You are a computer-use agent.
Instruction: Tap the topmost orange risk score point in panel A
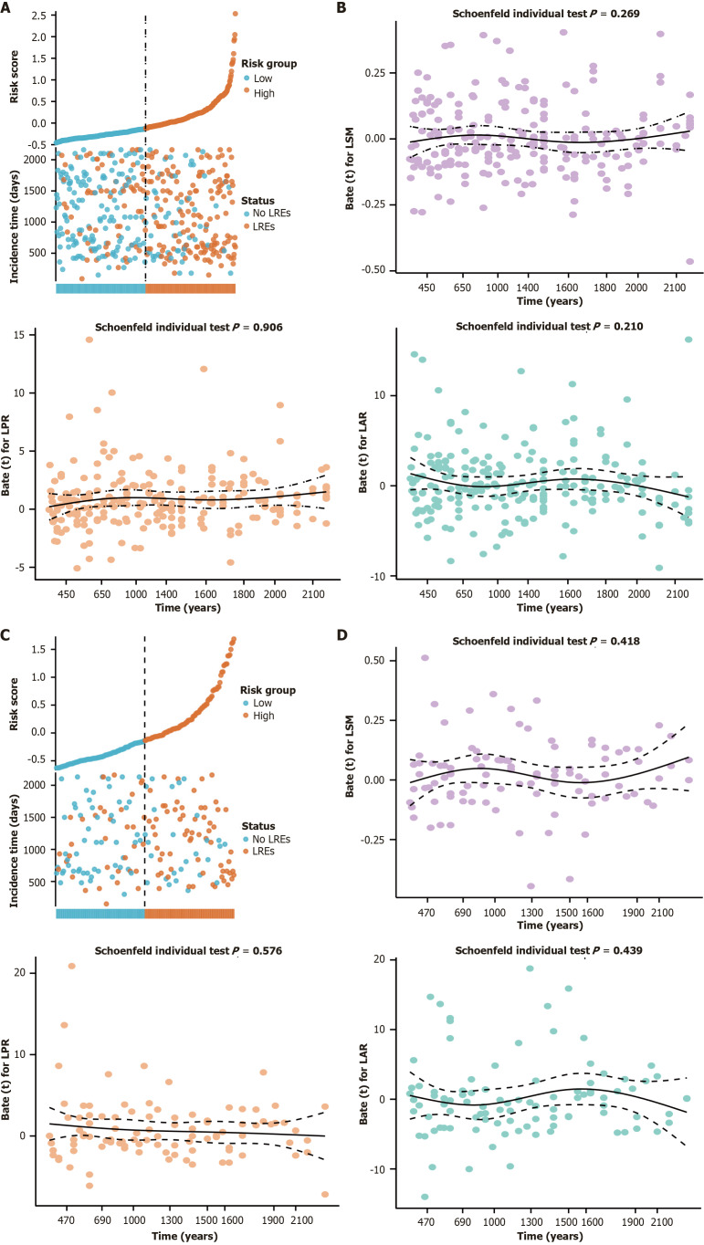point(235,14)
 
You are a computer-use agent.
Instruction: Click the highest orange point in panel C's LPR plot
point(71,967)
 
